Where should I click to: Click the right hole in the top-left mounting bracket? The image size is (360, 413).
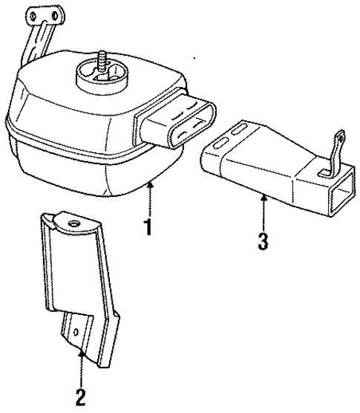pyautogui.click(x=53, y=14)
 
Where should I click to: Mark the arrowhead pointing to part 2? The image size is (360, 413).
pyautogui.click(x=80, y=354)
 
